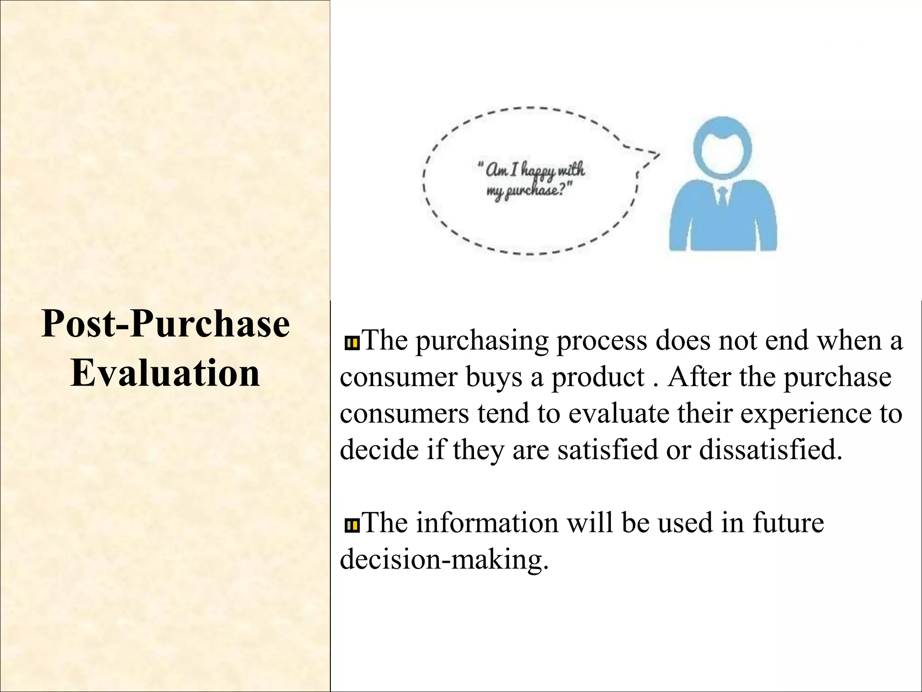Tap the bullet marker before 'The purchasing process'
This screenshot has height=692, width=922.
[351, 344]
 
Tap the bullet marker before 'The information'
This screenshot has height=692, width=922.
[351, 525]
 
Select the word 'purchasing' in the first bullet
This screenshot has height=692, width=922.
[481, 341]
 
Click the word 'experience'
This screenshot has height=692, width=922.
[805, 413]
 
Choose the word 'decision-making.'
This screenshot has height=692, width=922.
[445, 560]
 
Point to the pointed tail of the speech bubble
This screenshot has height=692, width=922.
[658, 155]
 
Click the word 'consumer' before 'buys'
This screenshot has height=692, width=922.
[398, 378]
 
